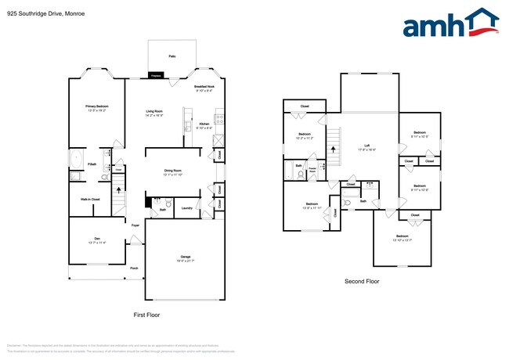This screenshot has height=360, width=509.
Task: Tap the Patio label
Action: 171,56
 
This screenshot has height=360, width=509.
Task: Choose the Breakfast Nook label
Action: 204,88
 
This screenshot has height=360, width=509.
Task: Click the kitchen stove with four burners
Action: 219,121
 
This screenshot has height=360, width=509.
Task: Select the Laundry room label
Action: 186,208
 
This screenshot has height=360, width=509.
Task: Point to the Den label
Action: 98,241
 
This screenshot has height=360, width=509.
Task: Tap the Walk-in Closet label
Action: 90,200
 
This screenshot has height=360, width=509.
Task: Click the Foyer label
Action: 135,225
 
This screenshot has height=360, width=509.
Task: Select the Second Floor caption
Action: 361,281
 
